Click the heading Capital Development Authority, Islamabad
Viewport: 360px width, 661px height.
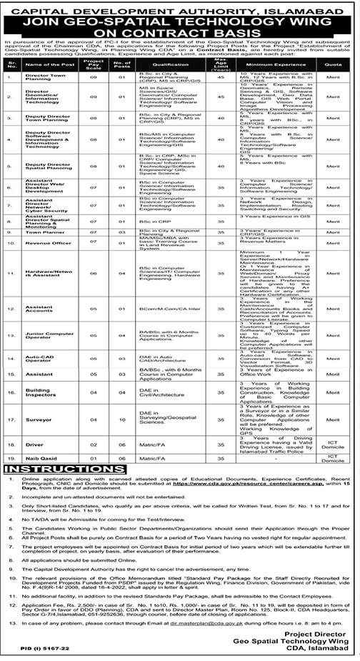point(179,9)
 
